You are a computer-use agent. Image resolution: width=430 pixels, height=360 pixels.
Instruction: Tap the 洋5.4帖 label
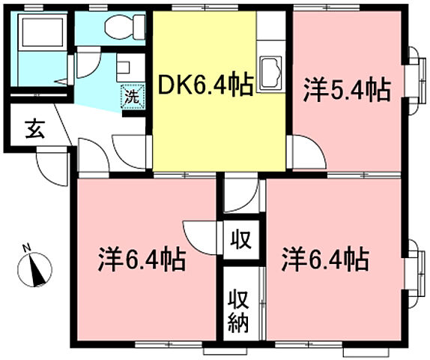click(347, 91)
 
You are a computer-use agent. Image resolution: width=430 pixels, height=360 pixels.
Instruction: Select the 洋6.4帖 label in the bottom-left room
click(142, 259)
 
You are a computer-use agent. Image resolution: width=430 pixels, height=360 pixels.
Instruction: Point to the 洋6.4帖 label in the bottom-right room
click(324, 259)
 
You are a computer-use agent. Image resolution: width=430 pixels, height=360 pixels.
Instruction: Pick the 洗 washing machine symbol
click(131, 96)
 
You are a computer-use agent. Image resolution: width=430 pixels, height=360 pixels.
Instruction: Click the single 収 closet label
click(240, 241)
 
